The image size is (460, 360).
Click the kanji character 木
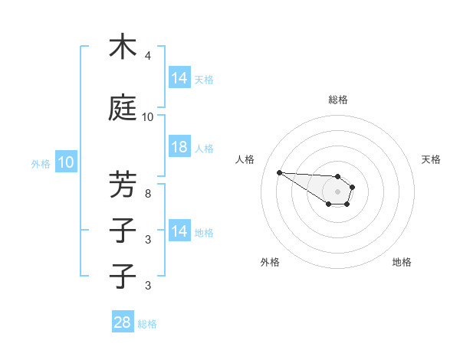click(x=123, y=47)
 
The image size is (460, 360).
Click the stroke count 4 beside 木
click(x=148, y=56)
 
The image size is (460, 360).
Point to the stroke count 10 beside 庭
click(x=148, y=117)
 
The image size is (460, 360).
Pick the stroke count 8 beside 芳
click(x=148, y=193)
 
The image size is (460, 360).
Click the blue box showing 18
click(x=179, y=148)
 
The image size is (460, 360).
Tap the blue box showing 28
click(x=123, y=322)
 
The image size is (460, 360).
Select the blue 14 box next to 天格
click(x=179, y=77)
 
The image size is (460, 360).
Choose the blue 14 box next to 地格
click(x=179, y=231)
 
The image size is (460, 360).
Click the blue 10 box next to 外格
click(x=65, y=162)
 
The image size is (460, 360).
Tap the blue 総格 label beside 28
click(x=147, y=324)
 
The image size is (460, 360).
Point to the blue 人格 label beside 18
click(x=204, y=149)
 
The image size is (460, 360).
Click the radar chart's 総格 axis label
click(x=337, y=100)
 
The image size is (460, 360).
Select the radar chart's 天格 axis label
click(x=431, y=159)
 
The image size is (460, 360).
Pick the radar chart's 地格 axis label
click(x=402, y=262)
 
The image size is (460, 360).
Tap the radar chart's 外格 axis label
click(x=270, y=262)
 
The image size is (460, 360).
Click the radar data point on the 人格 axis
click(x=279, y=172)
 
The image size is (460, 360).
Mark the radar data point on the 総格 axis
click(x=337, y=176)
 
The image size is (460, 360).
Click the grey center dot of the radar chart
click(x=337, y=191)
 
